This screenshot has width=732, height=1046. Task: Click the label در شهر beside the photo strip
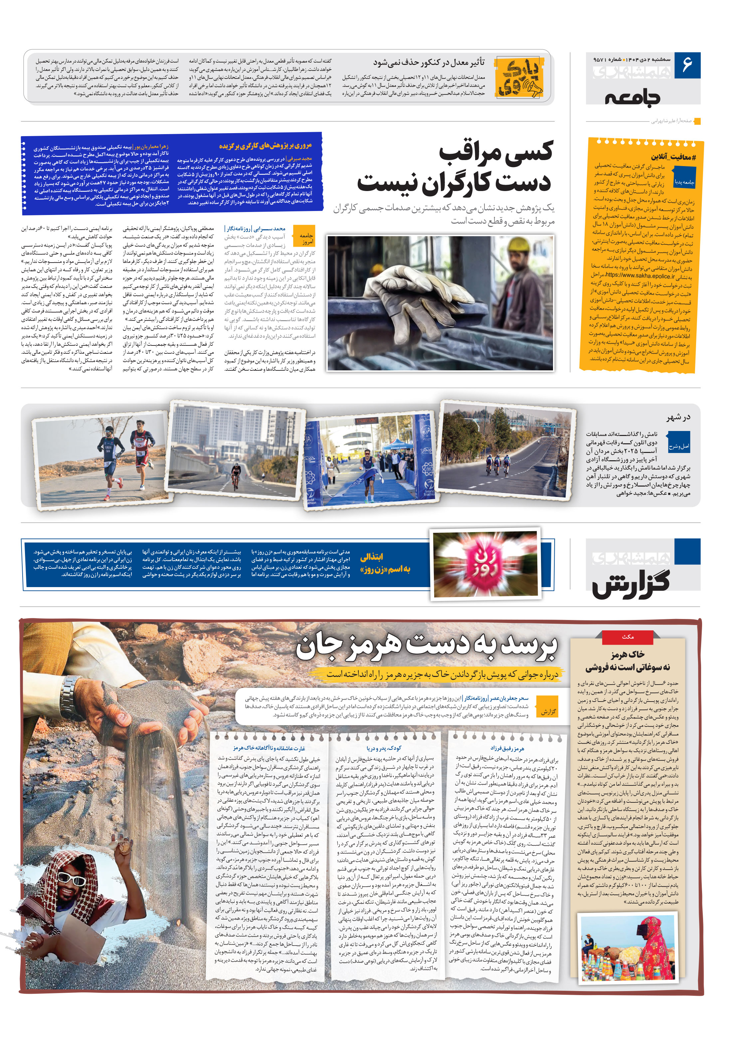tap(678, 417)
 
